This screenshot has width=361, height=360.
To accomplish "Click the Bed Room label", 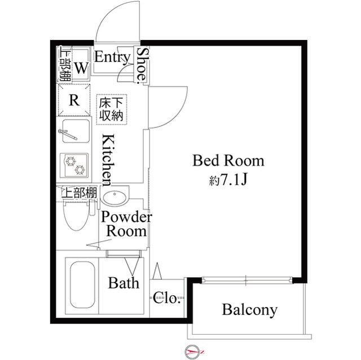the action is [x=228, y=161].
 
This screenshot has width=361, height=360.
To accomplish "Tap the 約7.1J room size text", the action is [x=228, y=180].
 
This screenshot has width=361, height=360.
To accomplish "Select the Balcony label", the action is [x=249, y=310].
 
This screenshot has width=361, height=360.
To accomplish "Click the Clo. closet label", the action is [x=166, y=298].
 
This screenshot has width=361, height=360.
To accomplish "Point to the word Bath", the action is [x=124, y=283].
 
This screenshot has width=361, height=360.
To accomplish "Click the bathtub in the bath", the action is [x=82, y=285].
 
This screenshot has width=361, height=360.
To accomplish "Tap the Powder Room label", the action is [x=126, y=224].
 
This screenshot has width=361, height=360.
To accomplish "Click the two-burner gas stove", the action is [x=74, y=165].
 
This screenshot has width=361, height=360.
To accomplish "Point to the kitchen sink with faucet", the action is [x=76, y=131].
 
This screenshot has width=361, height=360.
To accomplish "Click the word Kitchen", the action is [x=108, y=160].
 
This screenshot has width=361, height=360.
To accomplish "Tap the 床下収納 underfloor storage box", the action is [x=112, y=110].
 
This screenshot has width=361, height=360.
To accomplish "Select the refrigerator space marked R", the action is [x=74, y=100].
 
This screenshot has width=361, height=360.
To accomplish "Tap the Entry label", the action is [x=112, y=57].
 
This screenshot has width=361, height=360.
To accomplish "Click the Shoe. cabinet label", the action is [x=141, y=65].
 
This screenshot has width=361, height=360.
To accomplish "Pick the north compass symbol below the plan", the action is [x=192, y=352].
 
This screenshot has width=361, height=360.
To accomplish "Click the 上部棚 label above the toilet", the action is [x=79, y=193].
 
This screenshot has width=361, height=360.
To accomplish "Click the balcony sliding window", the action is [x=247, y=280].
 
